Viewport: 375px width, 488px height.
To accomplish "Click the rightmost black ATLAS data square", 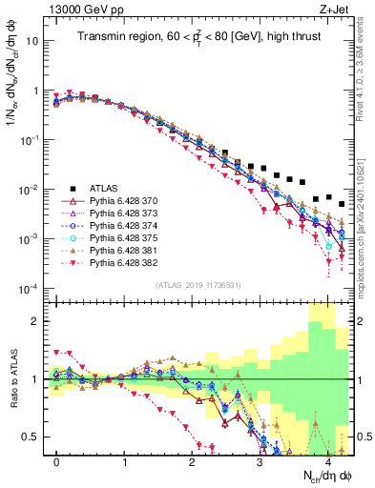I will click(x=342, y=204).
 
